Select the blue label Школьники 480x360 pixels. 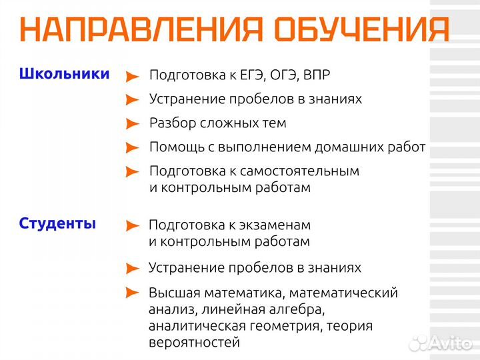[64, 74]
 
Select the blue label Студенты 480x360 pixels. [57, 224]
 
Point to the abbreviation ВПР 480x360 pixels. [316, 75]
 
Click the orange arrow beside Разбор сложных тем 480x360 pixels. [133, 124]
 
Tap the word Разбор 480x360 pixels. [170, 123]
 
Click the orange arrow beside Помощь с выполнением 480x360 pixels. [133, 148]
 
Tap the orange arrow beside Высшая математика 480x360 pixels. [133, 293]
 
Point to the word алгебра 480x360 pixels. [301, 310]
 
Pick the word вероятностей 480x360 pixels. [194, 343]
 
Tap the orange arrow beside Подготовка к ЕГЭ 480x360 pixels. [133, 76]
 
